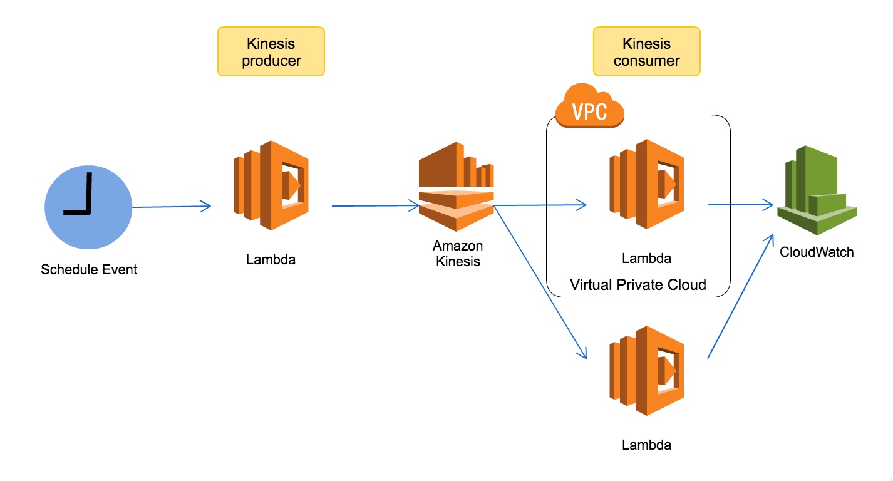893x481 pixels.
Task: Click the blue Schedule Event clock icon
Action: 88,207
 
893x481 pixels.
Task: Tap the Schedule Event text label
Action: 89,270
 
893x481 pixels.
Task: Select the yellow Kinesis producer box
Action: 271,52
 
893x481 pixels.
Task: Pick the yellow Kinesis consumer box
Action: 646,52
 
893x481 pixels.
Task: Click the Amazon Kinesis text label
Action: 458,254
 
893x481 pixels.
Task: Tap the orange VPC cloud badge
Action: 590,108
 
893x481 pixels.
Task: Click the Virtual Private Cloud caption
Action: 637,285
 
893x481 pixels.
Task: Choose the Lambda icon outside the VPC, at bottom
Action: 647,371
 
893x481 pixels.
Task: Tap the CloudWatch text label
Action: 817,252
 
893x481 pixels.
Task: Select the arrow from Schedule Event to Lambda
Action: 170,206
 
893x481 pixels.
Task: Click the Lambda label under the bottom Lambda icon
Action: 646,445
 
